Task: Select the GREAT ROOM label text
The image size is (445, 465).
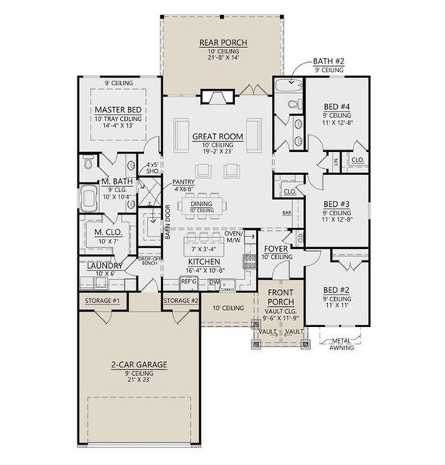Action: (218, 137)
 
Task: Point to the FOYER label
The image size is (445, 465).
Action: (276, 250)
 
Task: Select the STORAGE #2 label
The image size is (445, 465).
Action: (181, 301)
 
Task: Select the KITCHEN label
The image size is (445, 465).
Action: (205, 263)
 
